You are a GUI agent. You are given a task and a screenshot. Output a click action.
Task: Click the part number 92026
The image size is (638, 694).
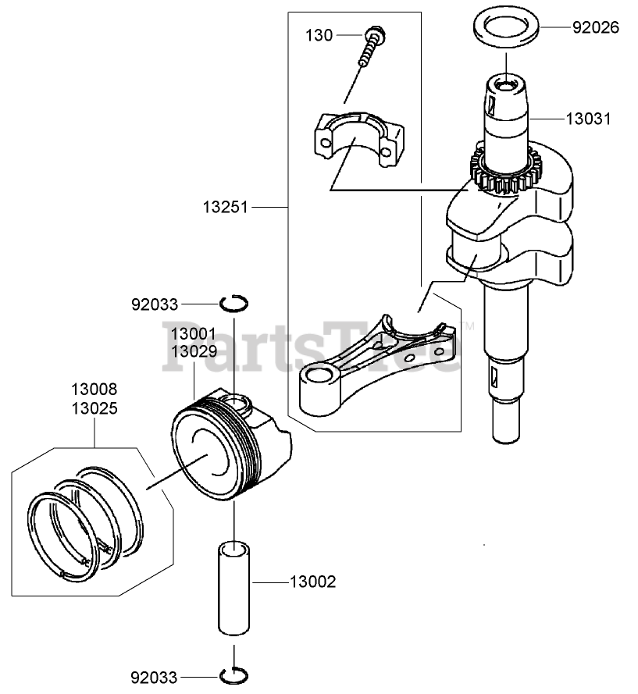595,27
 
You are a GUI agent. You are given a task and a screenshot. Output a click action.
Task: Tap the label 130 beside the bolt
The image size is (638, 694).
319,35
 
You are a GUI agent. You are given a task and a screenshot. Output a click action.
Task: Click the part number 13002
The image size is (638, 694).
312,582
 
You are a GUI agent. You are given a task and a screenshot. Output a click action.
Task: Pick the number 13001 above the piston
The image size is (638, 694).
194,334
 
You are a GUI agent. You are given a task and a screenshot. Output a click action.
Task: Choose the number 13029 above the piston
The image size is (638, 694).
194,352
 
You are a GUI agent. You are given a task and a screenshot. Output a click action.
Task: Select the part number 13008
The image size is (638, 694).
94,389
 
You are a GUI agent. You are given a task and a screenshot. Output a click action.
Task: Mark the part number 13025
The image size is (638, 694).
94,407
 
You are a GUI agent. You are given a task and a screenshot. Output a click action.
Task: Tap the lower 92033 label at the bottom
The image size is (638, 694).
155,678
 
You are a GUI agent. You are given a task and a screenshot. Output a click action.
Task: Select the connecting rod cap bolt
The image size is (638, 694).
373,47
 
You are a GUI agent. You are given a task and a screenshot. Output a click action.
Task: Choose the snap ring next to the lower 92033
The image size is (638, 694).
233,674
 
